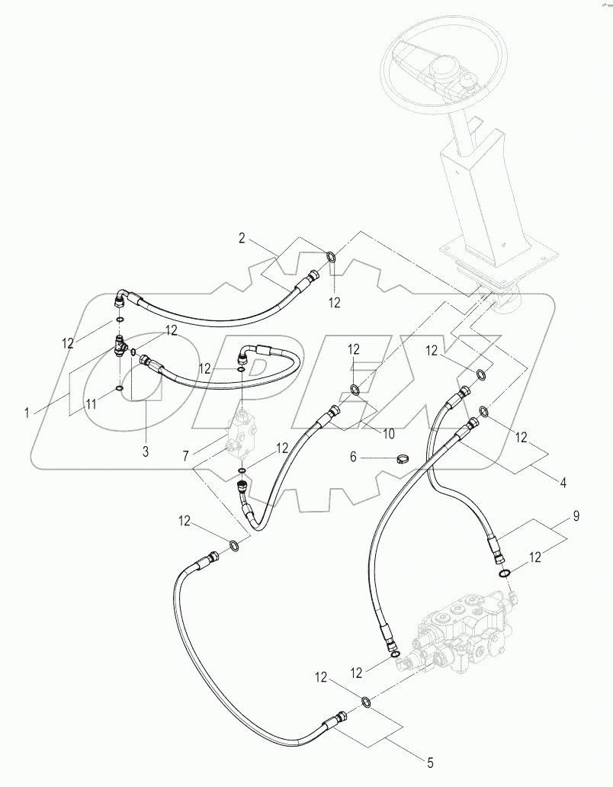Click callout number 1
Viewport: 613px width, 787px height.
coord(27,412)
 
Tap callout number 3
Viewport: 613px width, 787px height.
coord(146,451)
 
